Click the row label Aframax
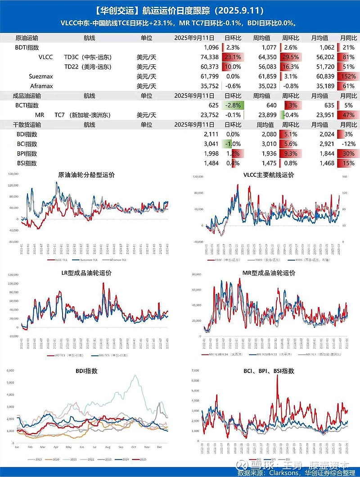click(x=41, y=86)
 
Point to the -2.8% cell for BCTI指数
click(x=233, y=105)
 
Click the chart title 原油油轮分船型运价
click(x=86, y=175)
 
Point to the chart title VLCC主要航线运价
click(x=269, y=175)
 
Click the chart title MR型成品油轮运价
click(x=269, y=273)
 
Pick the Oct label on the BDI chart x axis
click(x=133, y=447)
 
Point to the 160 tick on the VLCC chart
click(x=345, y=177)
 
